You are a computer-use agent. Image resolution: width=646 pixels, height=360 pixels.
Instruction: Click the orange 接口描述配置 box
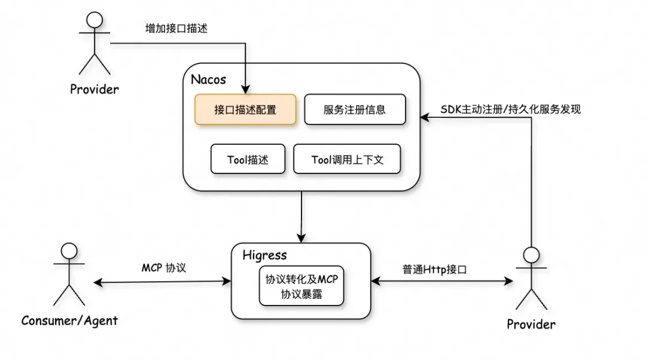245,109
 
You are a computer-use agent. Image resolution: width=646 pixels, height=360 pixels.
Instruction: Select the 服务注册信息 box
355,109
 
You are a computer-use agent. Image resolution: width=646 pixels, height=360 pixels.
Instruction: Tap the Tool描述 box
248,159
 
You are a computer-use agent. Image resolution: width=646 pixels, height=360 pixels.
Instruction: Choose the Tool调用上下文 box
347,159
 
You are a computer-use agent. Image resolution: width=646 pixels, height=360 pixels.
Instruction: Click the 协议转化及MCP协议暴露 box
301,286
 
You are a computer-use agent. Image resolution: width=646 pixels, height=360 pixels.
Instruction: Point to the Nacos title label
209,80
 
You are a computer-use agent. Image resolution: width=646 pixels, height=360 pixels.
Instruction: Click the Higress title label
264,255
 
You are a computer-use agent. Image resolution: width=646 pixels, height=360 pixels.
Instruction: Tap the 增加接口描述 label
176,29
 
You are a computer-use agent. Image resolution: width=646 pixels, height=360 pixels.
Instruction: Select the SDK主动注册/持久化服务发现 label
510,109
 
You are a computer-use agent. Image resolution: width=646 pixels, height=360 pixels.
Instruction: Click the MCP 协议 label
163,268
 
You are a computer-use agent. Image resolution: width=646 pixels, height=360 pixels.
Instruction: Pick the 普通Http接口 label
434,270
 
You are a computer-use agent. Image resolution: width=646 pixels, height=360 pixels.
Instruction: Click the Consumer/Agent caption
69,321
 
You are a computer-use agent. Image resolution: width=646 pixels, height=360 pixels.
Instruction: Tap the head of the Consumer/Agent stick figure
69,251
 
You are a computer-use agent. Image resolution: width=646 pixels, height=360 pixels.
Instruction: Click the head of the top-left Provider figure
95,20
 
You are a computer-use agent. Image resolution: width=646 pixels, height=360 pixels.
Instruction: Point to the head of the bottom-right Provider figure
531,255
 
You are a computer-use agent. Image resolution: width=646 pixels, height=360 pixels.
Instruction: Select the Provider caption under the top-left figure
95,89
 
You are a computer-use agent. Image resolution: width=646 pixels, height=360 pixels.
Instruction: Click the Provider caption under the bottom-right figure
531,325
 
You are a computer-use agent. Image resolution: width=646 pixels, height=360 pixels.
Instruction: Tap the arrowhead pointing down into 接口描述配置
246,89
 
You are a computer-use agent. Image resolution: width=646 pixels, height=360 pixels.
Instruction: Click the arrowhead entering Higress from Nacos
301,238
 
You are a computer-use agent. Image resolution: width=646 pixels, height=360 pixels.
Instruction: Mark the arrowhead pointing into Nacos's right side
425,118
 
